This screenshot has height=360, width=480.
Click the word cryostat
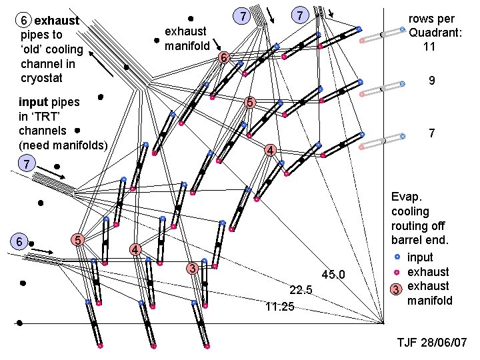point(43,79)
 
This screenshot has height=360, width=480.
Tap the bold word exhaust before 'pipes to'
point(57,20)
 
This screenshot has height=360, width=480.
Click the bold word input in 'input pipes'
point(33,102)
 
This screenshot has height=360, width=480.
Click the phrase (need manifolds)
point(63,145)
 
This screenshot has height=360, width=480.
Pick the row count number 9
point(432,81)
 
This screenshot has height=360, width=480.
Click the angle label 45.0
point(333,274)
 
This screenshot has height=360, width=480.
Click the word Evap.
point(405,197)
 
